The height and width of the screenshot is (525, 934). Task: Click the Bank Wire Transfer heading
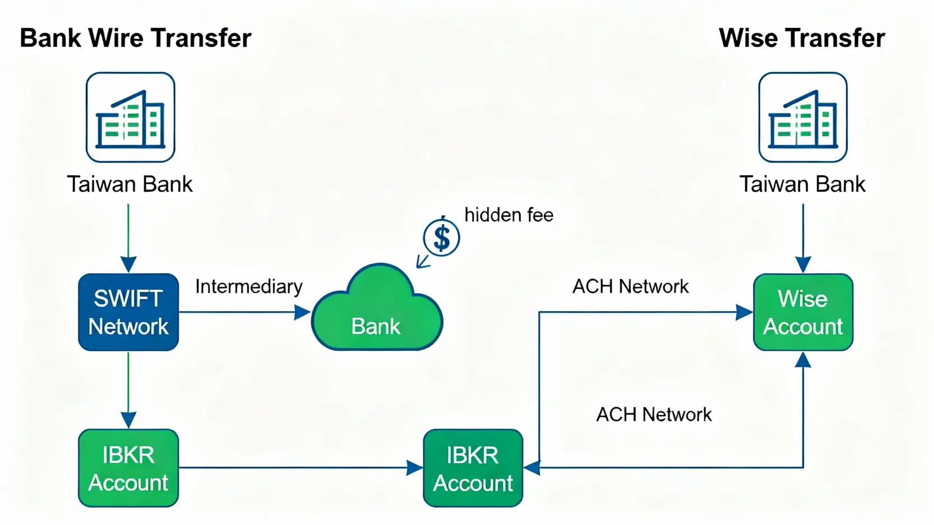[x=135, y=38]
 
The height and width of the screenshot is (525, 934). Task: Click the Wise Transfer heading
[x=802, y=38]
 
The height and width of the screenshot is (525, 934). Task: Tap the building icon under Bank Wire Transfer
[x=130, y=117]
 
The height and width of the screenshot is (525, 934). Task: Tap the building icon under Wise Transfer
[x=803, y=117]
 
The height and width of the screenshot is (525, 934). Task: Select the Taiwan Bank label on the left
[x=130, y=184]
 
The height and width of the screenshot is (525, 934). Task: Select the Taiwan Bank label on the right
[x=802, y=184]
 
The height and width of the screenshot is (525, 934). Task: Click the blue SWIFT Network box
[x=128, y=312]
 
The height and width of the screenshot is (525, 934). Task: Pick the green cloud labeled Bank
[x=377, y=314]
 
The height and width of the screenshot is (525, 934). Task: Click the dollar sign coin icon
[x=442, y=238]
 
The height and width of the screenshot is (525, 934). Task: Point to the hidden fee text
[x=508, y=215]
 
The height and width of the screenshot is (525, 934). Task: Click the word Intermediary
[x=248, y=287]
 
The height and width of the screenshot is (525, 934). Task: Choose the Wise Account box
[x=803, y=312]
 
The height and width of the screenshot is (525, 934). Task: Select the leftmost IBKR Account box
[x=128, y=468]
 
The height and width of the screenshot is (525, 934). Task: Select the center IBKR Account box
[x=473, y=468]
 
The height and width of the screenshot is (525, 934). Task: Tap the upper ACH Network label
[x=630, y=287]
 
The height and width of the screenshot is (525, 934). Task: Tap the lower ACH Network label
[x=654, y=415]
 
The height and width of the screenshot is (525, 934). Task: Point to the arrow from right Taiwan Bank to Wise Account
[x=803, y=238]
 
